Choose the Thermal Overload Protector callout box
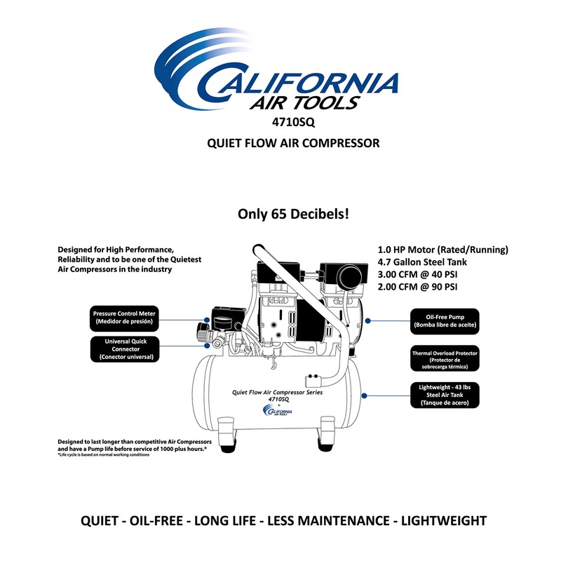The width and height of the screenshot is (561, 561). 445,358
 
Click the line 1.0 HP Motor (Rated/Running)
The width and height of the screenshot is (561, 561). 442,250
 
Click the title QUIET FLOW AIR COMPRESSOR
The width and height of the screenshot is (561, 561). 293,143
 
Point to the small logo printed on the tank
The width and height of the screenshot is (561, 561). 274,412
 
